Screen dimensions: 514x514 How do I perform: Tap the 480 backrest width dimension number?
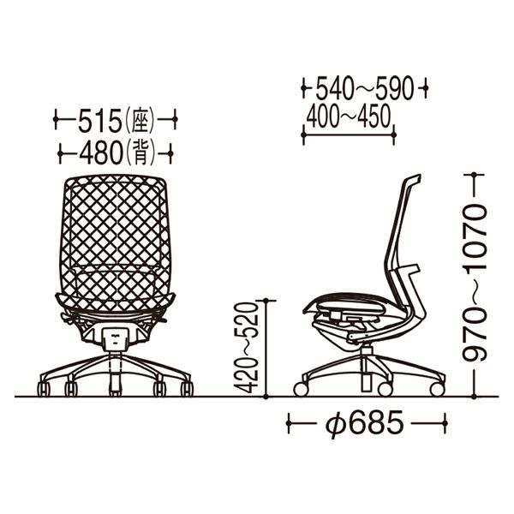tap(101, 153)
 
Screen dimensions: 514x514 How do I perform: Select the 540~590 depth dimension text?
tap(364, 88)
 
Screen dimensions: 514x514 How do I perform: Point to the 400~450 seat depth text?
tap(349, 117)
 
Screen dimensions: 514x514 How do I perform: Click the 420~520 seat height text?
tap(246, 348)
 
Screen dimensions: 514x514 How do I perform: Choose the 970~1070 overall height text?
tap(475, 283)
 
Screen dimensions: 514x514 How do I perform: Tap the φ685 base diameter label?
tap(365, 423)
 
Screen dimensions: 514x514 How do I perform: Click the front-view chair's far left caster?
tap(44, 389)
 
